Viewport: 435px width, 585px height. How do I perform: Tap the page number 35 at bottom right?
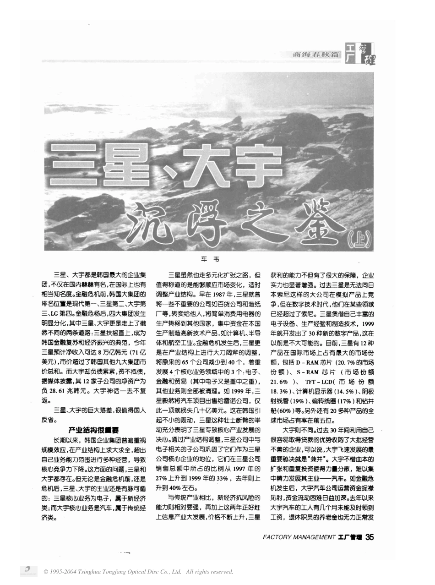click(369, 537)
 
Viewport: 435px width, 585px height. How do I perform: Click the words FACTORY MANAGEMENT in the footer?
click(299, 537)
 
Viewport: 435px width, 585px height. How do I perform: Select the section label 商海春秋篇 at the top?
click(317, 55)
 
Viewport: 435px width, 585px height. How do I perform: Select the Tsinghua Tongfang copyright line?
click(138, 572)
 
